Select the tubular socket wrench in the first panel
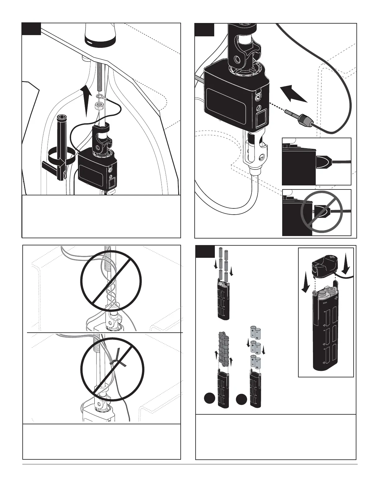[61, 137]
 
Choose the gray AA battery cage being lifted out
[224, 348]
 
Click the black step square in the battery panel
[205, 252]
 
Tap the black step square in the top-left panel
[31, 29]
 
